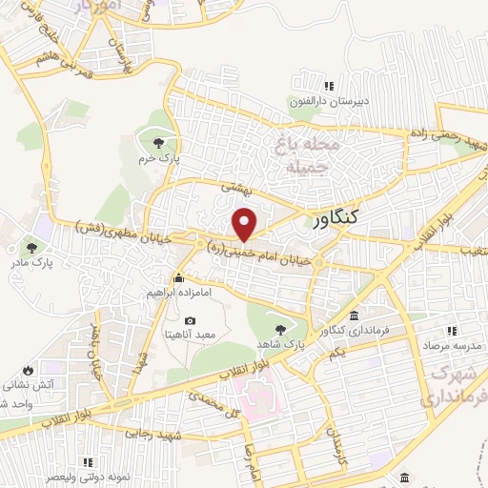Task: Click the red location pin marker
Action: (x=245, y=224)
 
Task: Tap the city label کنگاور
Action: (x=335, y=219)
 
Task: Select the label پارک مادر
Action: (x=32, y=259)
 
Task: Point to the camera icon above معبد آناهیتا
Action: (x=190, y=321)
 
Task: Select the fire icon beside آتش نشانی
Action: (x=28, y=370)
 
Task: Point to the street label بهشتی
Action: (x=233, y=189)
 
